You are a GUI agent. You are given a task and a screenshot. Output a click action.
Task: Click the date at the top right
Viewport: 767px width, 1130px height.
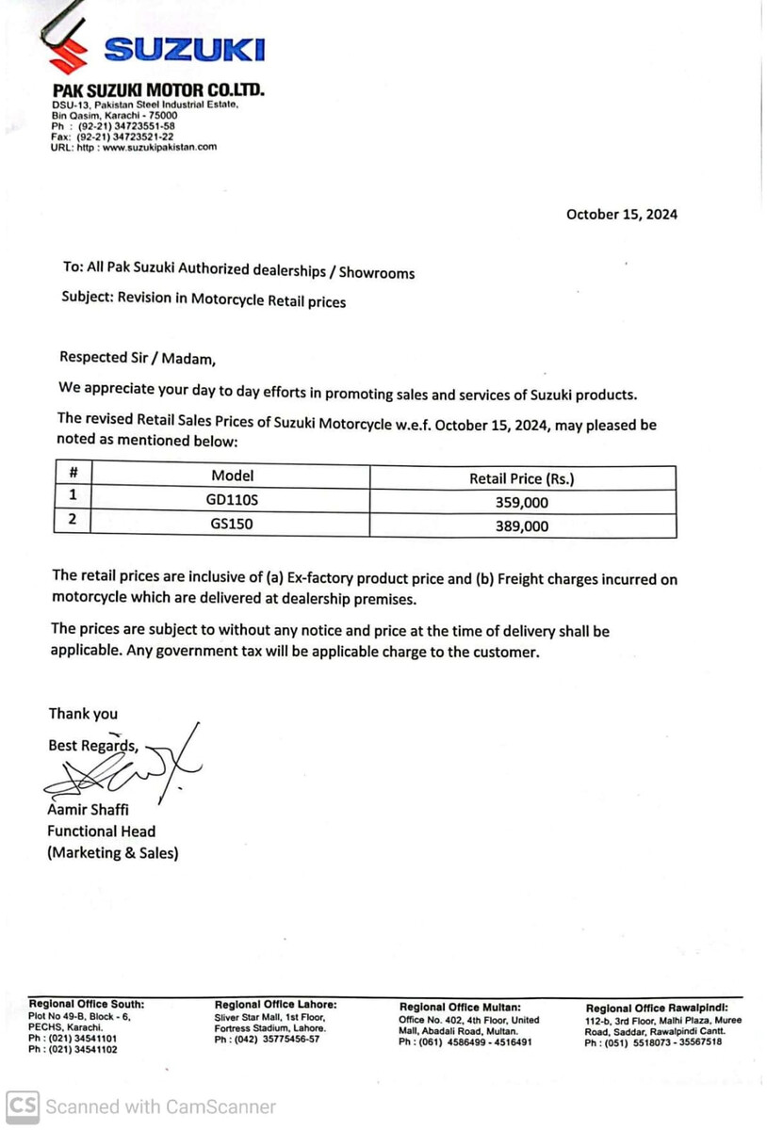pyautogui.click(x=621, y=214)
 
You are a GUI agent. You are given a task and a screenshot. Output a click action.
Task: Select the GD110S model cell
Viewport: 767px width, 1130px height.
pyautogui.click(x=232, y=502)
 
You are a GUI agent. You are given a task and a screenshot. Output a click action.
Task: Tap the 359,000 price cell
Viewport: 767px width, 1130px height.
pyautogui.click(x=521, y=502)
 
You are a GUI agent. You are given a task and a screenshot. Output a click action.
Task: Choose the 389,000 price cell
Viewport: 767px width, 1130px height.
pyautogui.click(x=521, y=526)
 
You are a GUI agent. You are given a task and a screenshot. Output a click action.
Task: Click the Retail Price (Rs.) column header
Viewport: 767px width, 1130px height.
pyautogui.click(x=521, y=478)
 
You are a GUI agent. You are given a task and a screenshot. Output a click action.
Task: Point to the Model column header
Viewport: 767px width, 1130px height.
pyautogui.click(x=232, y=476)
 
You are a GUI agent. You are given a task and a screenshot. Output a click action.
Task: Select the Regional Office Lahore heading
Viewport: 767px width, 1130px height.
pyautogui.click(x=275, y=1005)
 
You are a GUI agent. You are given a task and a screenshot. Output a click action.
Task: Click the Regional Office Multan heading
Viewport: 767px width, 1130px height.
pyautogui.click(x=460, y=1008)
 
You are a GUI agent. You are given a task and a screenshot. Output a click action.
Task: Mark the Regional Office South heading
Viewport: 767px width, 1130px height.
pyautogui.click(x=87, y=1004)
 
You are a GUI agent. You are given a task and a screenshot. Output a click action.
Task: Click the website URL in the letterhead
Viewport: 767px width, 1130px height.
pyautogui.click(x=135, y=147)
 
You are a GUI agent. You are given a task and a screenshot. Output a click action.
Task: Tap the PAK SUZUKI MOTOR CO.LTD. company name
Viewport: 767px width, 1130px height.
pyautogui.click(x=157, y=90)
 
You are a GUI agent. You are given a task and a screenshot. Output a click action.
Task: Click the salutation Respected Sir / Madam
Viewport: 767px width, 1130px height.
pyautogui.click(x=138, y=358)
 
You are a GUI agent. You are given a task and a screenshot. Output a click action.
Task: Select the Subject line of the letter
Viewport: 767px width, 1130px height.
pyautogui.click(x=204, y=301)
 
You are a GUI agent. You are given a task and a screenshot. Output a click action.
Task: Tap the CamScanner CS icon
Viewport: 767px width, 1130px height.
pyautogui.click(x=24, y=1106)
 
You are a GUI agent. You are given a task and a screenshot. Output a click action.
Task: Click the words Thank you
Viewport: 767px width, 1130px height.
pyautogui.click(x=83, y=714)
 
